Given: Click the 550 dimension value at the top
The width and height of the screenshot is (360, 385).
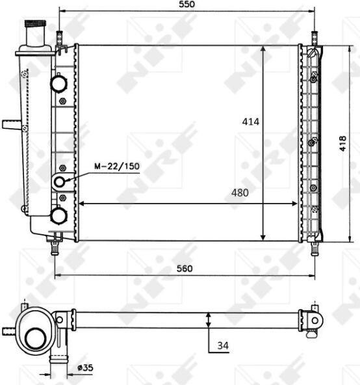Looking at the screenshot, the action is point(186,4).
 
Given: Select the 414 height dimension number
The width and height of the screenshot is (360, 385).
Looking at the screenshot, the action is point(251,122).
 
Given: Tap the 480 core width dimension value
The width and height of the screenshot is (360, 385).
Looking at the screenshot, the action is point(240,192).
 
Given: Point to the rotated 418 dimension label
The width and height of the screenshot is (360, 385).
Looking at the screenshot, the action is point(342,143).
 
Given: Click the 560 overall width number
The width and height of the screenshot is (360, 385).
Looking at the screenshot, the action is point(185,269).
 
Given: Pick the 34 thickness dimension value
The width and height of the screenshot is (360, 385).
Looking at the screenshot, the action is point(223,346).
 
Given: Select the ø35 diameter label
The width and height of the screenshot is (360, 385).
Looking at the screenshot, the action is point(85,367).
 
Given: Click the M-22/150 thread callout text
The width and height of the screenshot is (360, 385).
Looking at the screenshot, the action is point(117,166).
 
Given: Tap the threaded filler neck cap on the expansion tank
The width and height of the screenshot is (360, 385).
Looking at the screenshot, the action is point(35,23).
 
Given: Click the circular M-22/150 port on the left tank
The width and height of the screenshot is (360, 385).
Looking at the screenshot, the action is point(60,182).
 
